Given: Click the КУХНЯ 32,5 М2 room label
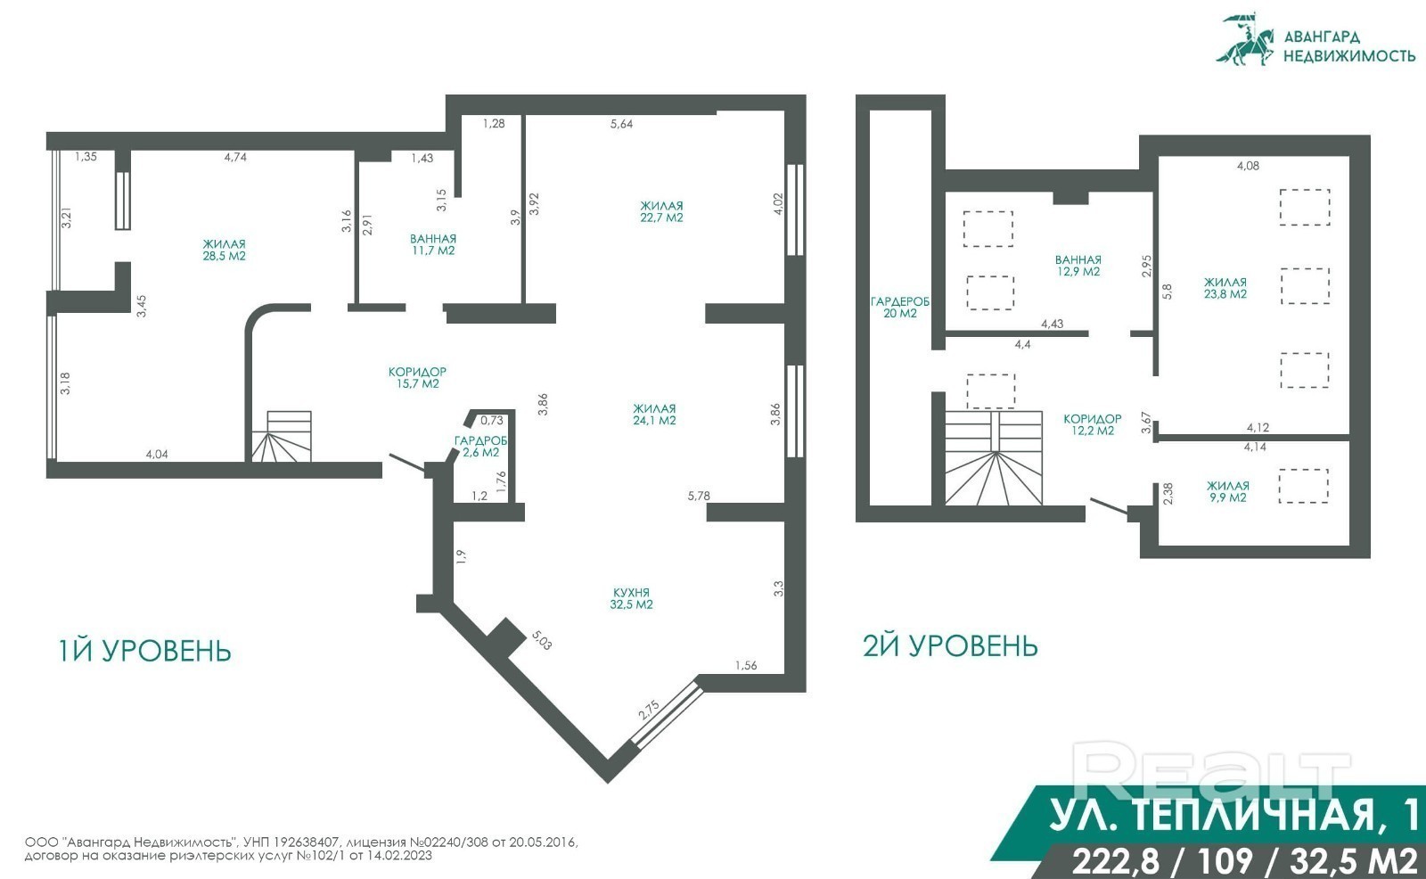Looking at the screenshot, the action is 632,599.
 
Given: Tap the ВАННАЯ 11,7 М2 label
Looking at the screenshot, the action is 433,244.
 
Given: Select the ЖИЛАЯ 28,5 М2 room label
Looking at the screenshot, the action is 224,250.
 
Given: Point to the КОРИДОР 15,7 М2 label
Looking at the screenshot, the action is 417,377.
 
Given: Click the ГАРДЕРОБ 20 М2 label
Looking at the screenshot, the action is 900,307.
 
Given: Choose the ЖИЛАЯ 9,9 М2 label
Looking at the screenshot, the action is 1228,492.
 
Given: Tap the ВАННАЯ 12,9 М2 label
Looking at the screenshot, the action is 1078,266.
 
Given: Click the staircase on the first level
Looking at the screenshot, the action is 282,436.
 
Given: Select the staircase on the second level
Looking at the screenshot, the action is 993,458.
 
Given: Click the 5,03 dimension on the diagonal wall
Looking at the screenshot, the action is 542,640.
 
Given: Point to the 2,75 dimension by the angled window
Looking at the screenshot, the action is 649,711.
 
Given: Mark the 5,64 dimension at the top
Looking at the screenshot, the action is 621,124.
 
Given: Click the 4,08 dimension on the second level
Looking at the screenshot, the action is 1248,166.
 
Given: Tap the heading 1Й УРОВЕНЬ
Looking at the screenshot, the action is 144,651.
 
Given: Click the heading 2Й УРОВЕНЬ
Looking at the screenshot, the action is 950,645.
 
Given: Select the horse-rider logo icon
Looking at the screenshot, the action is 1245,39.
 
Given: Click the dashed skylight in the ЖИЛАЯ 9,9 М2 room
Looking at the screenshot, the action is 1303,486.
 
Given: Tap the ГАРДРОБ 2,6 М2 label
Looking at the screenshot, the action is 480,447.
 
